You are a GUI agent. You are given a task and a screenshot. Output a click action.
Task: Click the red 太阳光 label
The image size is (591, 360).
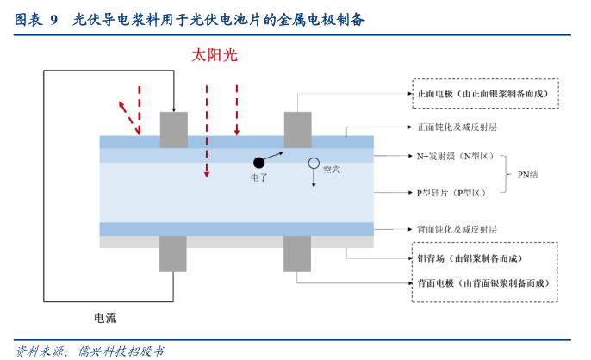pos(214,56)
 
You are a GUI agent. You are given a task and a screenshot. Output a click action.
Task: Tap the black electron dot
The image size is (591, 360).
pos(258,162)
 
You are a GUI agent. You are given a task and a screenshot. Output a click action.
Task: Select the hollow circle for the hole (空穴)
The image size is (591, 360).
pos(314,162)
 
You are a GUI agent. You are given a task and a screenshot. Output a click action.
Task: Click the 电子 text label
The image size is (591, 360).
pos(259,177)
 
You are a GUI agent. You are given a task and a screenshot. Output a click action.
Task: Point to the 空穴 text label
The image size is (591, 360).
pos(332,170)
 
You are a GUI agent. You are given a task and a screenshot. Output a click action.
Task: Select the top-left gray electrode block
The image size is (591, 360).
pos(173,129)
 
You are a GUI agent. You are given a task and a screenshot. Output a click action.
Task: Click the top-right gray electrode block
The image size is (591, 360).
pos(298,129)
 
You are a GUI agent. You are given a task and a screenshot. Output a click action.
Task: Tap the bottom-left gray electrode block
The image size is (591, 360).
pos(173,254)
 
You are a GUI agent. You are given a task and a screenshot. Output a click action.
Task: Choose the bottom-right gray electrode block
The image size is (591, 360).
pos(298,254)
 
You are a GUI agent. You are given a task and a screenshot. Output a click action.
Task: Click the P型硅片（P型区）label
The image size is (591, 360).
pos(451,193)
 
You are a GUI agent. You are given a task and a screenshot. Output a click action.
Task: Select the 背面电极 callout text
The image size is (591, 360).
pos(482,283)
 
